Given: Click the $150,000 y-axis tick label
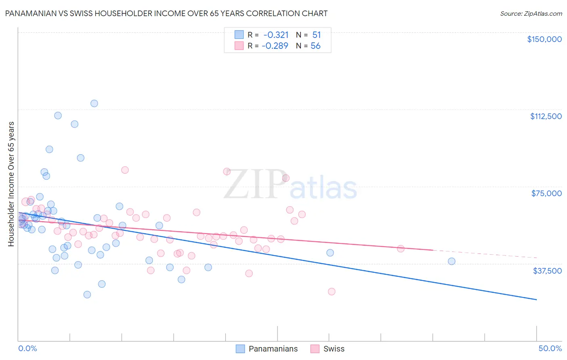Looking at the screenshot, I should pyautogui.click(x=544, y=39).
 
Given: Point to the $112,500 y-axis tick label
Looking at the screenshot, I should pyautogui.click(x=546, y=116).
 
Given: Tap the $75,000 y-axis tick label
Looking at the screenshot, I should pyautogui.click(x=546, y=193).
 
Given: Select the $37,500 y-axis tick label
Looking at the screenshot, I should pyautogui.click(x=547, y=271).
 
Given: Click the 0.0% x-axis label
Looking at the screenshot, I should pyautogui.click(x=27, y=348).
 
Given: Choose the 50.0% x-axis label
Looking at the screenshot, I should pyautogui.click(x=550, y=348).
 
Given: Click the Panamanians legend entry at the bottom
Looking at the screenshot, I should pyautogui.click(x=273, y=349).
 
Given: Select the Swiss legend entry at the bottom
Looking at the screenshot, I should pyautogui.click(x=334, y=349).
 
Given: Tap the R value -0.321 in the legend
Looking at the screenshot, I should pyautogui.click(x=276, y=35).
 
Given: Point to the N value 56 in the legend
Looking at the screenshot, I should pyautogui.click(x=315, y=46).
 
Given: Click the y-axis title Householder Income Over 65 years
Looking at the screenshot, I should pyautogui.click(x=11, y=184).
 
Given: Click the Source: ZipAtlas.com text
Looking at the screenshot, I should pyautogui.click(x=531, y=14).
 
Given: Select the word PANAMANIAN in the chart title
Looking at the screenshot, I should pyautogui.click(x=30, y=13).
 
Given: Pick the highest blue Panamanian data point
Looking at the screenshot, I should pyautogui.click(x=94, y=103).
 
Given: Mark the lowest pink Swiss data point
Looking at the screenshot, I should pyautogui.click(x=331, y=291).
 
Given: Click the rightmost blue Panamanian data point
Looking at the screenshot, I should pyautogui.click(x=451, y=261).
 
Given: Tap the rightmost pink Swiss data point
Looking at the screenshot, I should pyautogui.click(x=400, y=249).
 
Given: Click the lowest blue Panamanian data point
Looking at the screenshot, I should pyautogui.click(x=87, y=295).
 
